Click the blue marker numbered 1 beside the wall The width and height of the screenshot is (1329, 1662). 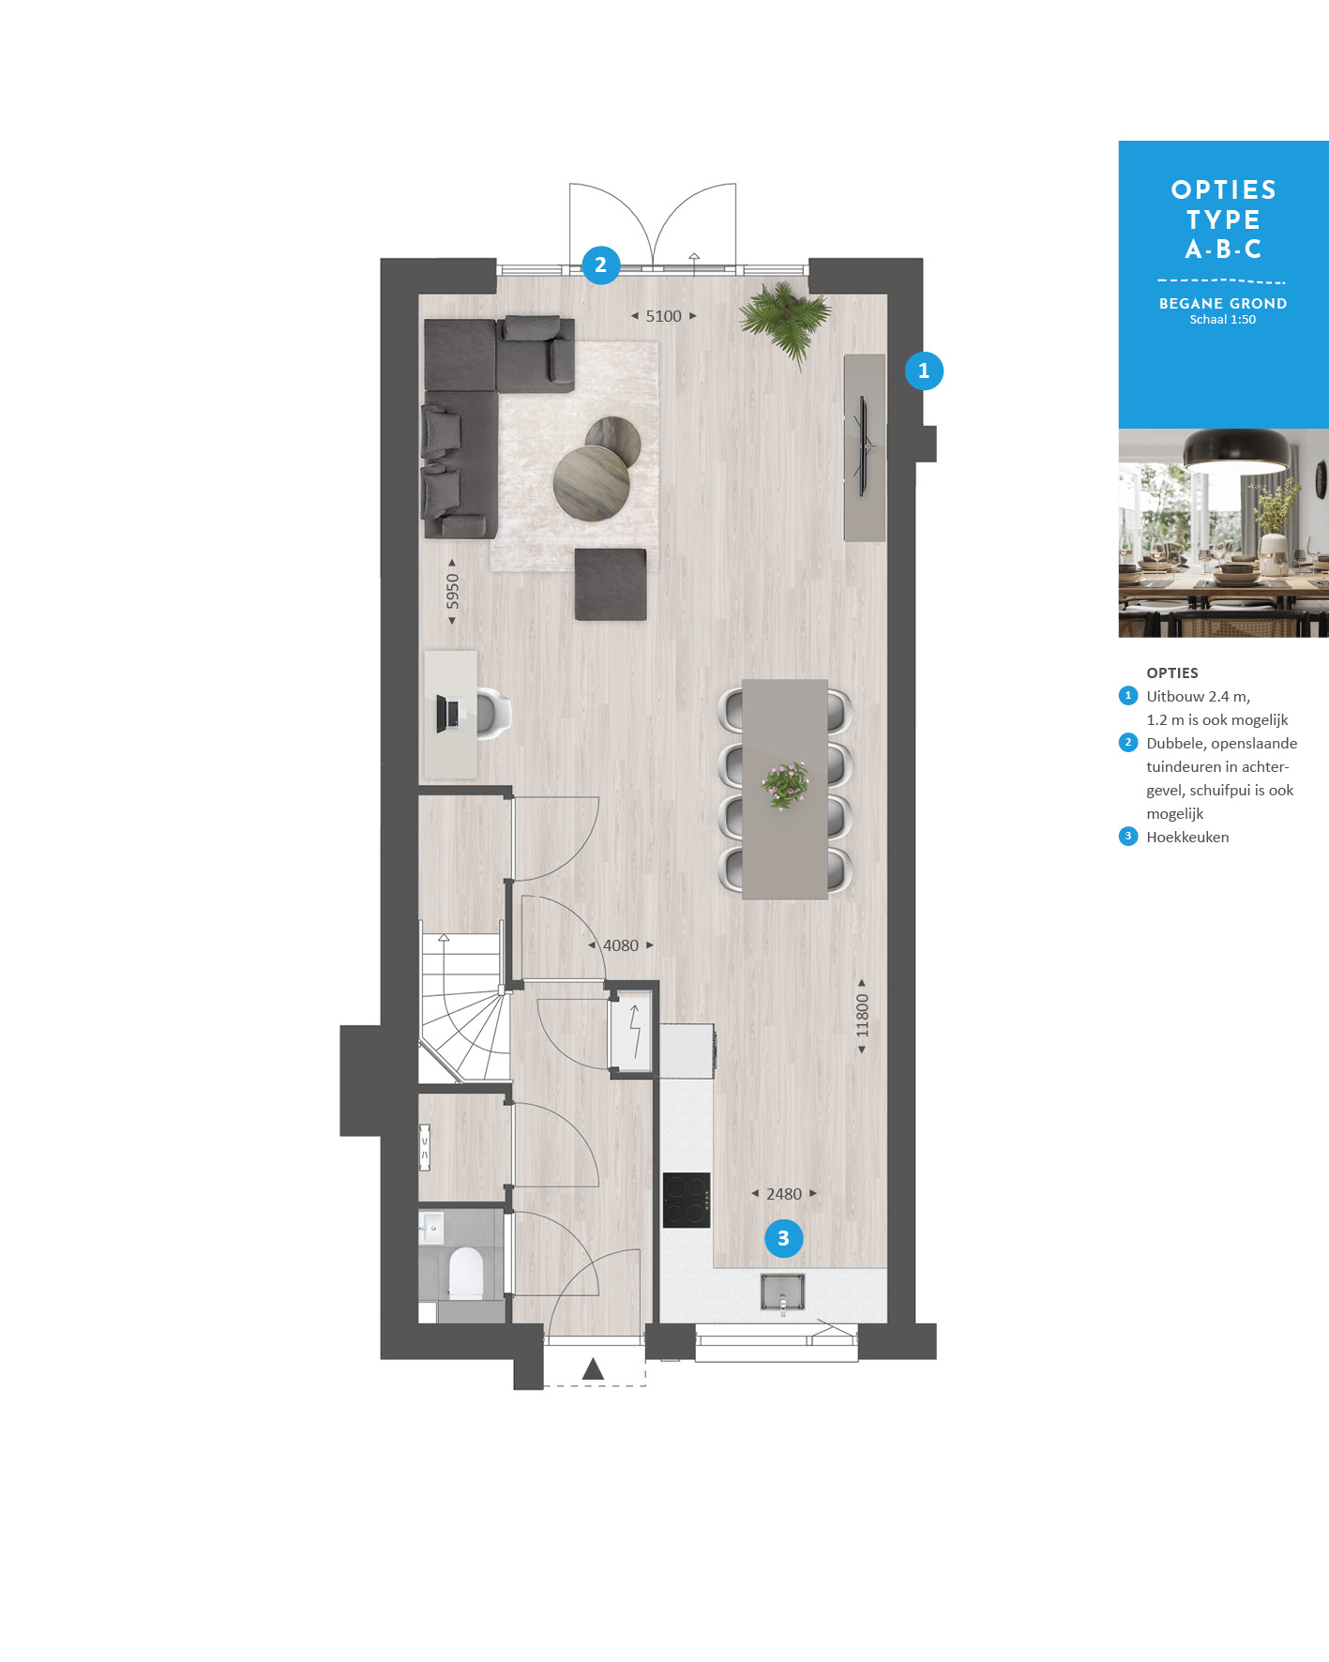(x=924, y=370)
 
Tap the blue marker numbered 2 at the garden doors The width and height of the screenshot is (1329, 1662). (x=600, y=264)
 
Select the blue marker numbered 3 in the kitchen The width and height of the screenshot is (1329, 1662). (x=783, y=1238)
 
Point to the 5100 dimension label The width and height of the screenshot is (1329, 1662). (x=663, y=316)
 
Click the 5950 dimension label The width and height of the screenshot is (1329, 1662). (x=452, y=591)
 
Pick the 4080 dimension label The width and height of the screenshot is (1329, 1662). (x=620, y=945)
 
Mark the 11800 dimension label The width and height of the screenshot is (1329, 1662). (x=862, y=1016)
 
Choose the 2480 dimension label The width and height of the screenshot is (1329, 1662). (x=784, y=1194)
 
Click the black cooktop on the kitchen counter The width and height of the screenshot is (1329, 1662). (x=687, y=1201)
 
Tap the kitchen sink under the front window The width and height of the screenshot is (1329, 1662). (x=782, y=1292)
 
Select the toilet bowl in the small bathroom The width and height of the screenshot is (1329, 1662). (x=465, y=1273)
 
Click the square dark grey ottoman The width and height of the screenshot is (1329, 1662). (x=611, y=584)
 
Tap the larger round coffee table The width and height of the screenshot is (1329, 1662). (x=591, y=482)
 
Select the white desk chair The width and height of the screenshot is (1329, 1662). (x=491, y=714)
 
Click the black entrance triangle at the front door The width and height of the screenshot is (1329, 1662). (x=593, y=1369)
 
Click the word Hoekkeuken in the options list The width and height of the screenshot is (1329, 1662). (x=1187, y=837)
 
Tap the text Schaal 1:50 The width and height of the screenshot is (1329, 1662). (x=1223, y=320)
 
